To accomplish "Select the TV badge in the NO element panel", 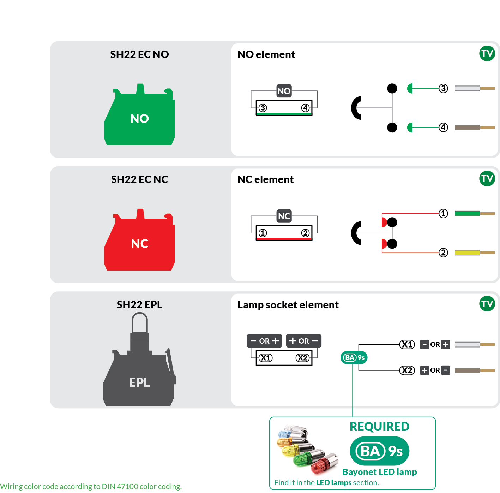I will tap(487, 53).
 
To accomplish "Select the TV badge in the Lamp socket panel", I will tap(487, 303).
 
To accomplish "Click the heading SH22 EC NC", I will tap(139, 179).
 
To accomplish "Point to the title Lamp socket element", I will tap(288, 305).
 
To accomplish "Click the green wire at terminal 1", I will tap(467, 213).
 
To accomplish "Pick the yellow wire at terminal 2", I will tap(467, 253).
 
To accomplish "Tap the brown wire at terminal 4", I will tap(467, 127).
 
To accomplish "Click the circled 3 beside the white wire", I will tap(443, 88).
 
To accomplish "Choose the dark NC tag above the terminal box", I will tap(284, 216).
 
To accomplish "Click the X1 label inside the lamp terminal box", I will tap(265, 358).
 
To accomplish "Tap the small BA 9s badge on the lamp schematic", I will tap(354, 357).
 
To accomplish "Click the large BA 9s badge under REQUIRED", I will tap(379, 451).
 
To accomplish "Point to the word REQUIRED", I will tap(379, 427).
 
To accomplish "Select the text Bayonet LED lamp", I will tap(379, 472).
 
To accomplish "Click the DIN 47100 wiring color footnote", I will tap(91, 486).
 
